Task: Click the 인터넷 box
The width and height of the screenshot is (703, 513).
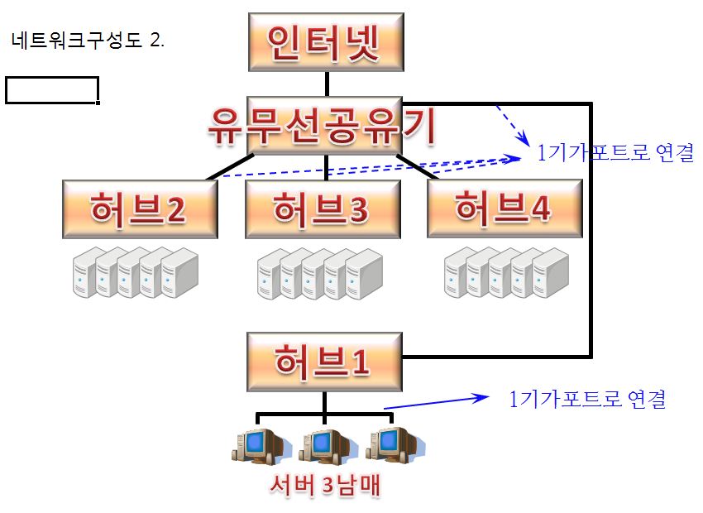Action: click(x=326, y=42)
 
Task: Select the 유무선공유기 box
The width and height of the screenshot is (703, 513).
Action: click(x=324, y=126)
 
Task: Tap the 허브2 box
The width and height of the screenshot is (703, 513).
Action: click(x=140, y=209)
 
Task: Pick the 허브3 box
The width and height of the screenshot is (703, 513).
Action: click(x=323, y=209)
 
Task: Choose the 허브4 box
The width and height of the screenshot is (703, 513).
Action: click(x=505, y=208)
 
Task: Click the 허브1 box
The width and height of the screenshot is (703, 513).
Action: click(x=324, y=362)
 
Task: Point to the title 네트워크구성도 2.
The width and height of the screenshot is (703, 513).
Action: click(x=88, y=41)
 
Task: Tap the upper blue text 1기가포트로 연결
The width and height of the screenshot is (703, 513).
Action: click(x=615, y=152)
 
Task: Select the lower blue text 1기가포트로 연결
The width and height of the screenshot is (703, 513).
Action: click(x=587, y=399)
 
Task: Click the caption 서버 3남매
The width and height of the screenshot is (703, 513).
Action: click(x=325, y=485)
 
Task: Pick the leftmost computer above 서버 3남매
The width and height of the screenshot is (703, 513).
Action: click(x=259, y=446)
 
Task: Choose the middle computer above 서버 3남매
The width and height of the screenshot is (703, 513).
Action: click(x=327, y=446)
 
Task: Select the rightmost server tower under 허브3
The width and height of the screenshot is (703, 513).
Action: click(x=364, y=274)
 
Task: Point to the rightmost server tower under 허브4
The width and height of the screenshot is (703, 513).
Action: click(x=551, y=273)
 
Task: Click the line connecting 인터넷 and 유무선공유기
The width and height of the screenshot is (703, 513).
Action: click(x=327, y=84)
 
